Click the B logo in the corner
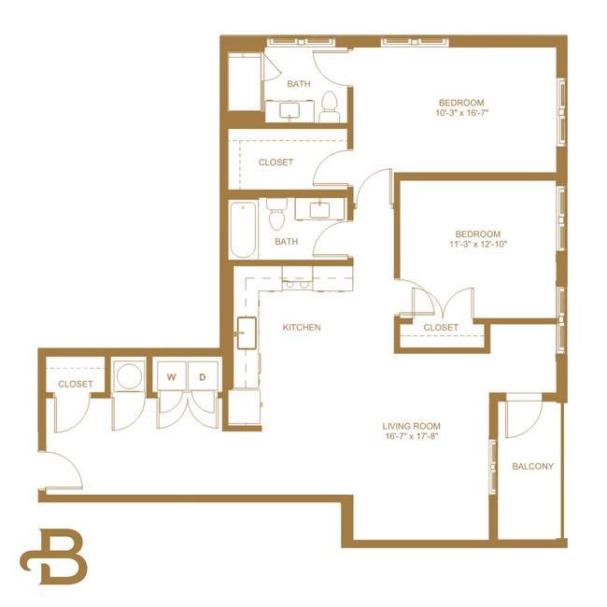(x=54, y=558)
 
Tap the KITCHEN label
(x=302, y=328)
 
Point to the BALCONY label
(x=532, y=467)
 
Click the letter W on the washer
(x=172, y=377)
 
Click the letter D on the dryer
(x=203, y=377)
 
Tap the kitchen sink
(x=247, y=332)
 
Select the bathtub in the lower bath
(x=242, y=231)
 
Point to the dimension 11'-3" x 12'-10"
(x=477, y=246)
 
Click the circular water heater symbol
(x=128, y=377)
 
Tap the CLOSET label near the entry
(x=76, y=384)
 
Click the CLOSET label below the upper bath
(x=275, y=162)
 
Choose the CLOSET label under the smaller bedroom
(x=441, y=328)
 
